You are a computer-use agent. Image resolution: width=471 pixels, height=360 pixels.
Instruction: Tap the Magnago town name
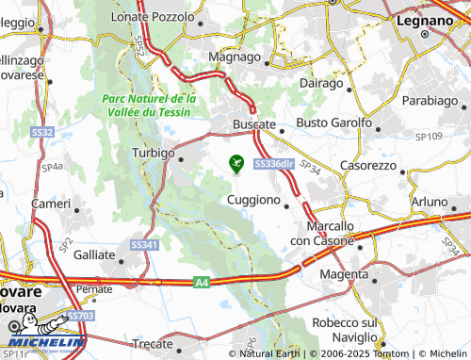point(234,57)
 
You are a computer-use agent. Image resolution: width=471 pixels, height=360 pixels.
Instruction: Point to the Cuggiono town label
point(253,200)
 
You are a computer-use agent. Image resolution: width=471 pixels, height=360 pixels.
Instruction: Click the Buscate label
point(253,123)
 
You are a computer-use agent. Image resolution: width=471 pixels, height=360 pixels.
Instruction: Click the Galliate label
point(94,254)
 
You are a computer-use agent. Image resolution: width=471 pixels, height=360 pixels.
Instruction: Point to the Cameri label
point(51,204)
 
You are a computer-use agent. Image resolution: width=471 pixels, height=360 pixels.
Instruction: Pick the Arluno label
point(430,202)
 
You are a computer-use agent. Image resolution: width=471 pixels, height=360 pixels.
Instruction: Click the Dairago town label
point(321,84)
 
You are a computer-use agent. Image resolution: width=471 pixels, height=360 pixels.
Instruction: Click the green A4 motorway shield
point(203,280)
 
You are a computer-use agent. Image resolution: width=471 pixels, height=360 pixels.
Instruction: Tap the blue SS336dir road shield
point(275,164)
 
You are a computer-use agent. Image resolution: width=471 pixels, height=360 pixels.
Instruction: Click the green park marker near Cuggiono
point(235,164)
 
